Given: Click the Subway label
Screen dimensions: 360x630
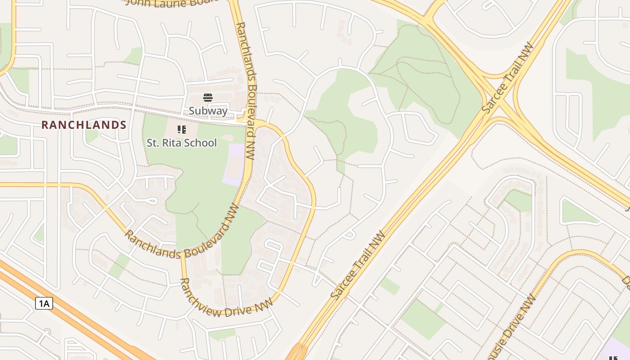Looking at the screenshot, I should tap(208, 111).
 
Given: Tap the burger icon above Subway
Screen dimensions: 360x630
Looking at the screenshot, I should tap(208, 98).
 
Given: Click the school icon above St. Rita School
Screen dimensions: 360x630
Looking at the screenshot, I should tap(182, 130).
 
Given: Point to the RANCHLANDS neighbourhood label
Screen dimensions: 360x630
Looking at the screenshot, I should tap(84, 125).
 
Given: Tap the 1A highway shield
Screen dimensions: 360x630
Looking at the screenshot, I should tap(44, 304).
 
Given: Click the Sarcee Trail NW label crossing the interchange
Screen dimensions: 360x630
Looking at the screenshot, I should tap(508, 77).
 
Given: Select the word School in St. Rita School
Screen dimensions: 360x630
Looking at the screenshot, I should tap(202, 143).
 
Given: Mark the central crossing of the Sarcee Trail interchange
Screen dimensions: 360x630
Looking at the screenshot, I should tap(500, 98).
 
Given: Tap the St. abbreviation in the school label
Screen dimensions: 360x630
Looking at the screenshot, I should tap(153, 143).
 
